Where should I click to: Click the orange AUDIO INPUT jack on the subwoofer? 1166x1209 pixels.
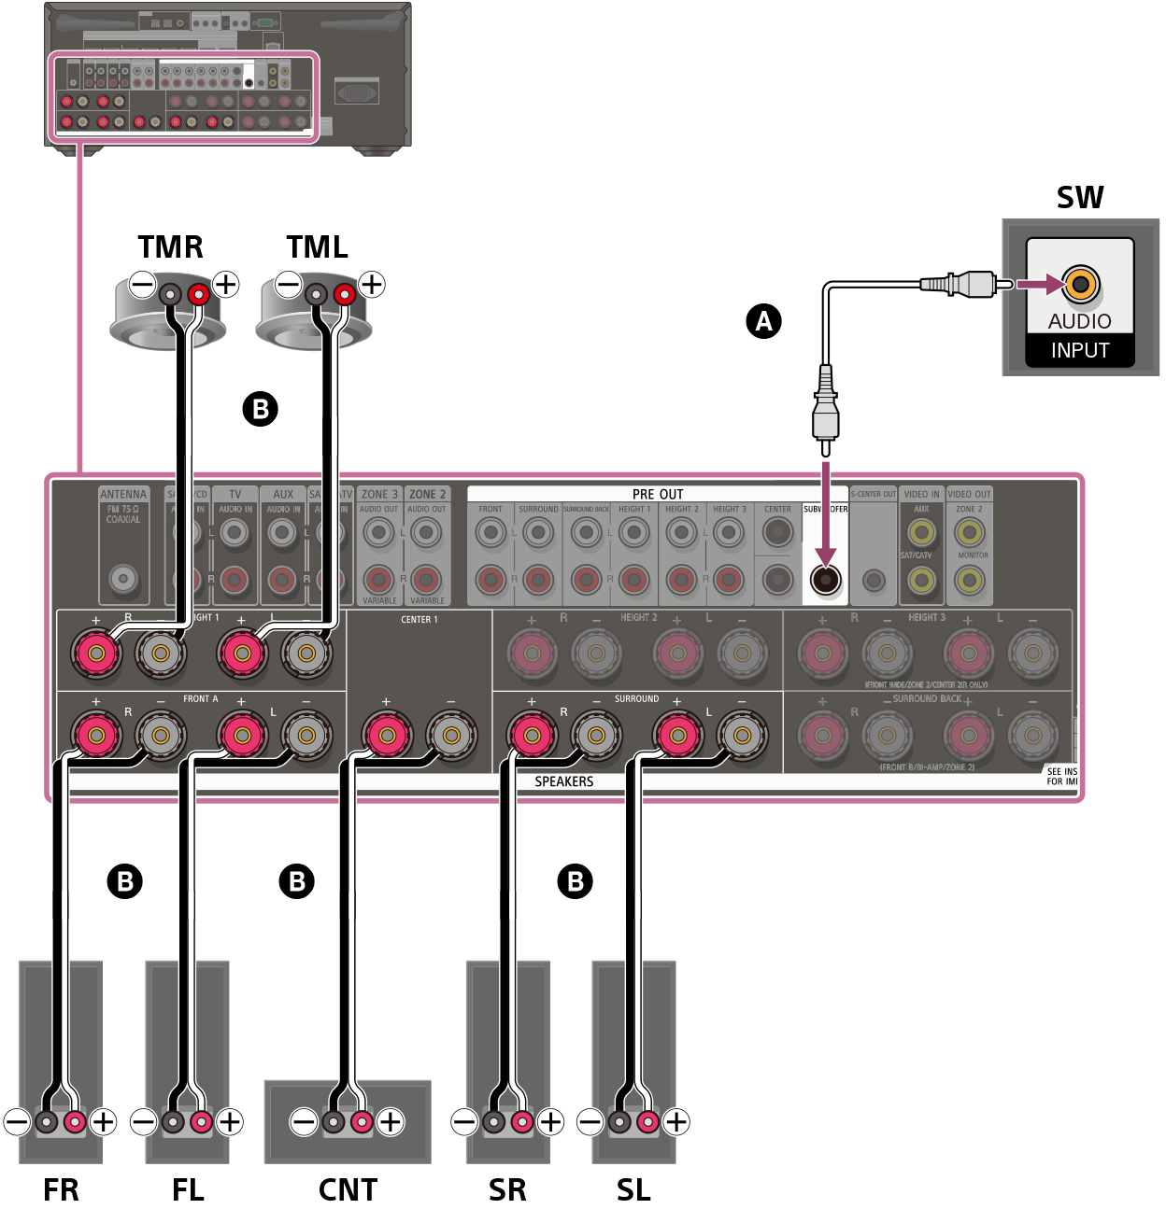click(x=1080, y=284)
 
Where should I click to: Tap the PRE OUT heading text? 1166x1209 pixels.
click(x=658, y=494)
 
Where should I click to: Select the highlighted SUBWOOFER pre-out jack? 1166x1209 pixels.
click(x=825, y=581)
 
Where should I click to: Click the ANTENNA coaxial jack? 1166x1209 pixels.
click(x=123, y=579)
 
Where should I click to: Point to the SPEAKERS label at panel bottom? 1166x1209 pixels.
click(x=563, y=781)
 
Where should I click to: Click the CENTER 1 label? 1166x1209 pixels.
click(x=419, y=619)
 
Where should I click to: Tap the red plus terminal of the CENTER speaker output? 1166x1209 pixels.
click(x=386, y=736)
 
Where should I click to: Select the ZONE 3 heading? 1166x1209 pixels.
click(x=378, y=494)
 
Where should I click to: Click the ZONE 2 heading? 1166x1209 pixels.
click(x=427, y=494)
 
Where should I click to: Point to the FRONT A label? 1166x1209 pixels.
click(x=200, y=698)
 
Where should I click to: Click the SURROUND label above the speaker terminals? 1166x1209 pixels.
click(x=636, y=698)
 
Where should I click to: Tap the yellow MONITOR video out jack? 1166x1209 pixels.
click(x=969, y=581)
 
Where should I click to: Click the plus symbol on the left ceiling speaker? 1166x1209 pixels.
click(x=226, y=283)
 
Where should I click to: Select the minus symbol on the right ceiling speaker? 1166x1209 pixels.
click(x=289, y=283)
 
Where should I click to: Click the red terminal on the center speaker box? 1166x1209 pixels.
click(x=362, y=1121)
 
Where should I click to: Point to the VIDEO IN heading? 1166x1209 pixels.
click(x=921, y=494)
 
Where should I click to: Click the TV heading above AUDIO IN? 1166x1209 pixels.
click(x=235, y=494)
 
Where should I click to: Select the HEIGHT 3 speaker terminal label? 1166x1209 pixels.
click(x=927, y=617)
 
